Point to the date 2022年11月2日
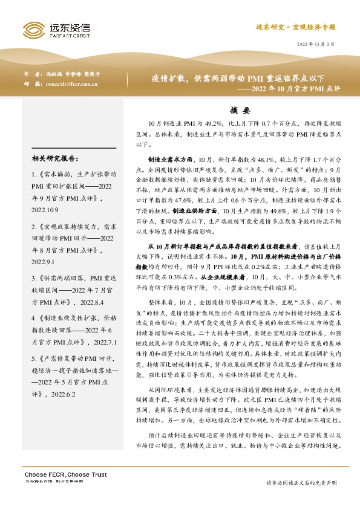point(316,45)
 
